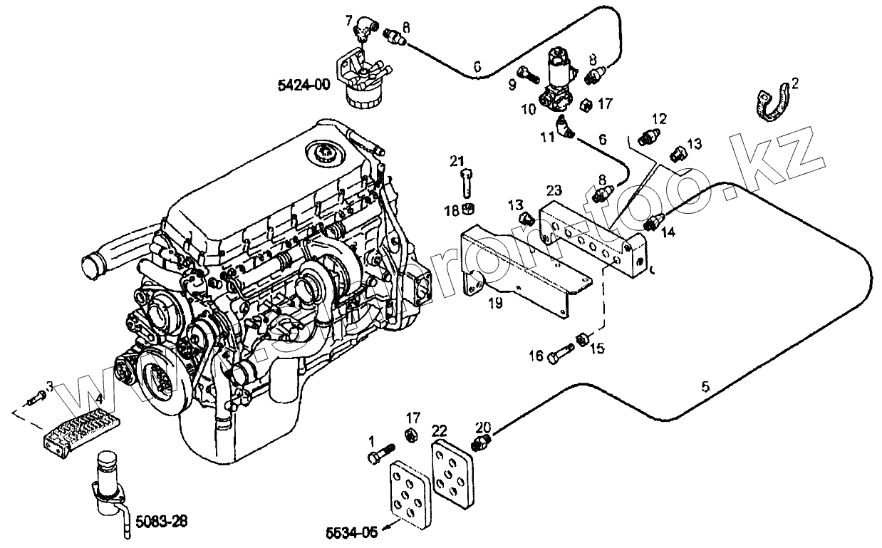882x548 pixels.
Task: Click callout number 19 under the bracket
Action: click(495, 304)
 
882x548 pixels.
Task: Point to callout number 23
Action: click(554, 191)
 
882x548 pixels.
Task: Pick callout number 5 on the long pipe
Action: click(705, 387)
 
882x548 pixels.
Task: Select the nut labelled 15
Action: click(581, 339)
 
